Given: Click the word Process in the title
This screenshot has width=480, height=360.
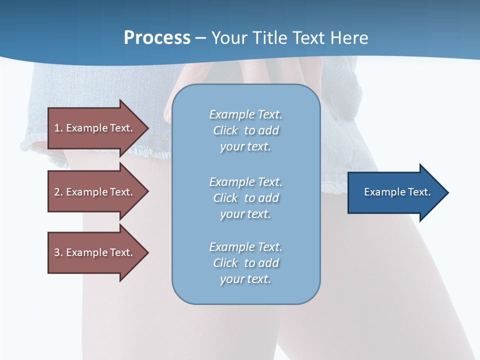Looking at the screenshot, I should click(x=157, y=38).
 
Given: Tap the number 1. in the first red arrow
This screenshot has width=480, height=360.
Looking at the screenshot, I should click(x=58, y=128).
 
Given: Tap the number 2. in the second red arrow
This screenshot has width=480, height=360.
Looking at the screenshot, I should click(x=58, y=192).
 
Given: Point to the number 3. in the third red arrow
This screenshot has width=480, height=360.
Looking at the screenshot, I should click(x=58, y=252).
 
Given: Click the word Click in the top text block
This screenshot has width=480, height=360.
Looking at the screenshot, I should click(x=225, y=130).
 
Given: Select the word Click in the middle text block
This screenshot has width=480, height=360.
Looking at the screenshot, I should click(x=225, y=198).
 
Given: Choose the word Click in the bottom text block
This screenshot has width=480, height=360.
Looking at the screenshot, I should click(x=225, y=263).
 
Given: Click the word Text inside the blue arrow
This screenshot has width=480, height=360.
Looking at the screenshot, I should click(x=419, y=192).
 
